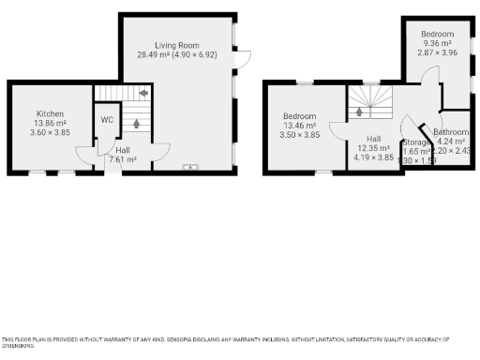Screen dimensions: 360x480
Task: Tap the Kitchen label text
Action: click(x=50, y=113)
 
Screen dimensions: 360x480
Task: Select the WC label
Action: click(x=107, y=119)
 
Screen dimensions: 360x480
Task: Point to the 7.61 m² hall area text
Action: click(x=123, y=159)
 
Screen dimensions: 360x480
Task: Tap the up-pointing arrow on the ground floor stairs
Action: click(x=135, y=122)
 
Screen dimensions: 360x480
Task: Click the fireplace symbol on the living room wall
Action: click(x=191, y=168)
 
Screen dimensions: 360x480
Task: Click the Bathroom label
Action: click(x=450, y=132)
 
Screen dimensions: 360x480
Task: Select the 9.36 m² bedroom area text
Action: click(x=437, y=43)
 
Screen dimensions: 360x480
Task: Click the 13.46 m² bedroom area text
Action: click(x=301, y=126)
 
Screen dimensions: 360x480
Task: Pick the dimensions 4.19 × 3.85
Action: click(x=372, y=157)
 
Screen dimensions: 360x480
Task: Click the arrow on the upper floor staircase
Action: click(x=357, y=112)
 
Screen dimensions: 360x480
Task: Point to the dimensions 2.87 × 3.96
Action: click(x=437, y=52)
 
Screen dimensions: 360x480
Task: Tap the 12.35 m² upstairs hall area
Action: click(x=372, y=148)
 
